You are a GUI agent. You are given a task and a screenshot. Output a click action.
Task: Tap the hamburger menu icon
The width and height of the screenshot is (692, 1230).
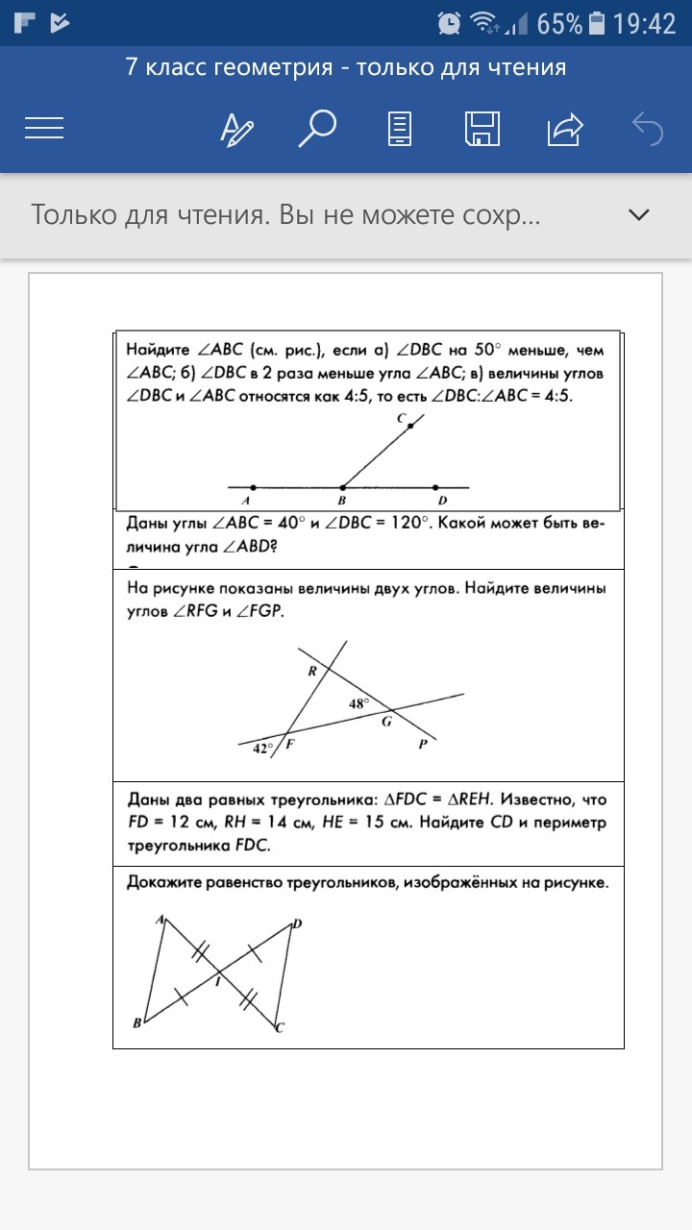44,128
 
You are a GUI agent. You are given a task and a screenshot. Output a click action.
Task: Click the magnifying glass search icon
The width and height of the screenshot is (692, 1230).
316,128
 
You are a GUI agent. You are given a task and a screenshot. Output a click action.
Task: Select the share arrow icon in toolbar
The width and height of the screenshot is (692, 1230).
565,128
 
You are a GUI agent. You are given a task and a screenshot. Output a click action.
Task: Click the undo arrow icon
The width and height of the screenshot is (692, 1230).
648,128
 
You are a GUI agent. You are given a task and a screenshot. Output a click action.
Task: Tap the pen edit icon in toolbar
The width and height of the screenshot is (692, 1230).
236,128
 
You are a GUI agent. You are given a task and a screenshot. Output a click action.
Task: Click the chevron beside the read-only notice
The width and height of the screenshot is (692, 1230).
639,214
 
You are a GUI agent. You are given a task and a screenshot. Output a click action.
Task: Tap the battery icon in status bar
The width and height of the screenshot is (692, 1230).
597,23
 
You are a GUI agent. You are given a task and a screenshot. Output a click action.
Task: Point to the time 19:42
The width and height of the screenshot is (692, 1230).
645,23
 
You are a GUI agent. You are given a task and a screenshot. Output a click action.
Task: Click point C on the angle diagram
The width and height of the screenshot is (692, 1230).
409,424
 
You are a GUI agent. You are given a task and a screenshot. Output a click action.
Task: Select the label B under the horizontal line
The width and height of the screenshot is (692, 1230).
341,501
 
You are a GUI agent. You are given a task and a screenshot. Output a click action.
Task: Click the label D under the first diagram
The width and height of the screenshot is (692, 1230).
442,501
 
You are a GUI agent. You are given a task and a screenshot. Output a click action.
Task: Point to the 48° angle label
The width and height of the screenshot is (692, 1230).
358,703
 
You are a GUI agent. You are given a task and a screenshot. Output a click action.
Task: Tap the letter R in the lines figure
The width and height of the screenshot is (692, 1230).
312,672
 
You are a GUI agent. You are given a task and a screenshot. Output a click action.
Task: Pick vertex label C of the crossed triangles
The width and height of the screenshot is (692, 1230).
280,1028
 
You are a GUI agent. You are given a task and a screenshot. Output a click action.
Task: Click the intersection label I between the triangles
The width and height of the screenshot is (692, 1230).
217,981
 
